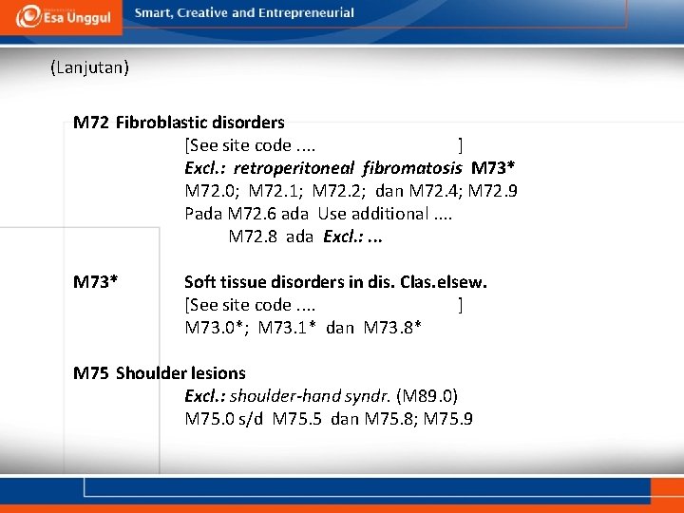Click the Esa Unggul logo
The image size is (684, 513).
click(60, 16)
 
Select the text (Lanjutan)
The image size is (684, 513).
click(90, 67)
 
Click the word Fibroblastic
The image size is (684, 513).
click(158, 123)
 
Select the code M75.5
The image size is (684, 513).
click(298, 419)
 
